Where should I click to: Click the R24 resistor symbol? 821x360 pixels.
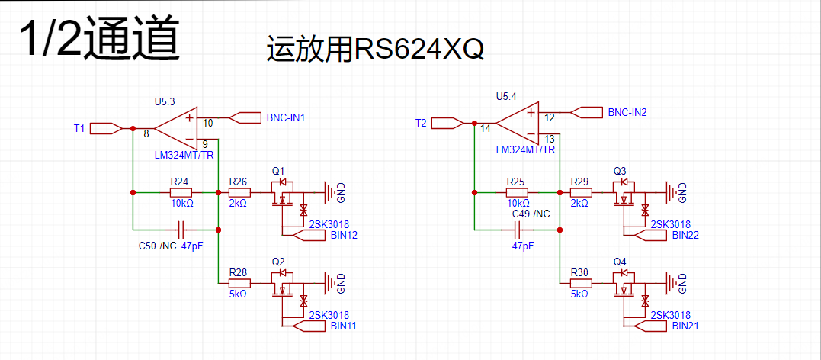pyautogui.click(x=181, y=192)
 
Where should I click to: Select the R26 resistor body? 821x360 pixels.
pyautogui.click(x=240, y=192)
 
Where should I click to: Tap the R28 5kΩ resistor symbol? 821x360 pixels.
pyautogui.click(x=240, y=284)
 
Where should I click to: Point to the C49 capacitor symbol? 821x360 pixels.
pyautogui.click(x=518, y=229)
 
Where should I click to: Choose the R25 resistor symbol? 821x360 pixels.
pyautogui.click(x=518, y=192)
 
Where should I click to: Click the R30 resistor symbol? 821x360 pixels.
pyautogui.click(x=581, y=284)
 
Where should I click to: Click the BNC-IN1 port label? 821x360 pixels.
pyautogui.click(x=286, y=117)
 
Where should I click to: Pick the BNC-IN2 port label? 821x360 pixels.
pyautogui.click(x=627, y=112)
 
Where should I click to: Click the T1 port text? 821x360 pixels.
pyautogui.click(x=79, y=128)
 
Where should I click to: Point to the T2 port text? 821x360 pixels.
pyautogui.click(x=421, y=123)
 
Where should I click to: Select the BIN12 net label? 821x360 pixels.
pyautogui.click(x=344, y=235)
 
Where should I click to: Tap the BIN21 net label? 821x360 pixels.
pyautogui.click(x=685, y=326)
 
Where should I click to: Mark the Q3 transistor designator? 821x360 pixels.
pyautogui.click(x=620, y=171)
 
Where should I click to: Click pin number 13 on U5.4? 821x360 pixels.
pyautogui.click(x=550, y=139)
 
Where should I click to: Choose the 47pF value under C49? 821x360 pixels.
pyautogui.click(x=523, y=246)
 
